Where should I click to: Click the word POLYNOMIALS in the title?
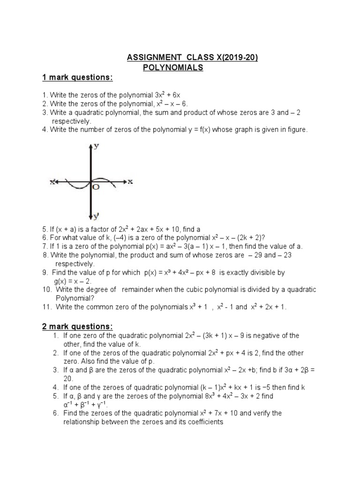(172, 67)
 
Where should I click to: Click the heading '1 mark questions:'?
(77, 77)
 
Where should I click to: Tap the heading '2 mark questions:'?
(77, 326)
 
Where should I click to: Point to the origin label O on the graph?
(96, 187)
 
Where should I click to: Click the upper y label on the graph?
(96, 146)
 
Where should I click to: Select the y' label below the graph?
(96, 216)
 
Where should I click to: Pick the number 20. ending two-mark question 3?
(68, 378)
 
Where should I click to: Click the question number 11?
(46, 307)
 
